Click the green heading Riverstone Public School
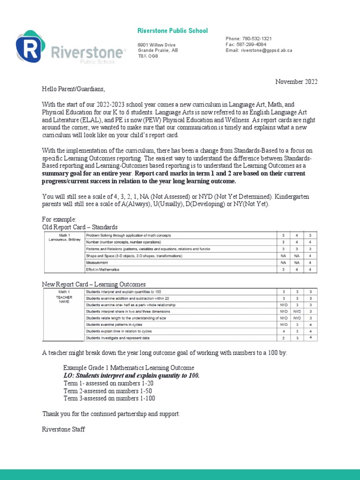click(x=172, y=31)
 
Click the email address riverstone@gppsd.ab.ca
click(x=266, y=50)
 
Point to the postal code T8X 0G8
click(x=148, y=56)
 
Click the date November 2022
click(x=296, y=82)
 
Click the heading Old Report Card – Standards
click(x=80, y=227)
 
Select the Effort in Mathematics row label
click(x=103, y=270)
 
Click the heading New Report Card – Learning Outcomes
click(x=94, y=284)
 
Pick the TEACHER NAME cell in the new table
click(x=65, y=300)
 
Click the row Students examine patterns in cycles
click(x=114, y=324)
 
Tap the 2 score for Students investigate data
click(x=283, y=337)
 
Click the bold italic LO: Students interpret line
click(x=132, y=375)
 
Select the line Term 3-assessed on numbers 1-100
click(x=109, y=398)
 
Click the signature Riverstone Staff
click(x=64, y=429)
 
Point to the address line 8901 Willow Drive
click(x=153, y=44)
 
